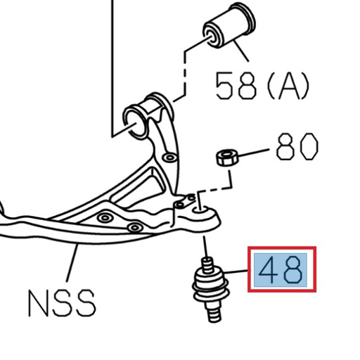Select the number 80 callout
(x=297, y=148)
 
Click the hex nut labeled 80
(x=224, y=157)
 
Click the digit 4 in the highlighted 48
(x=271, y=270)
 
